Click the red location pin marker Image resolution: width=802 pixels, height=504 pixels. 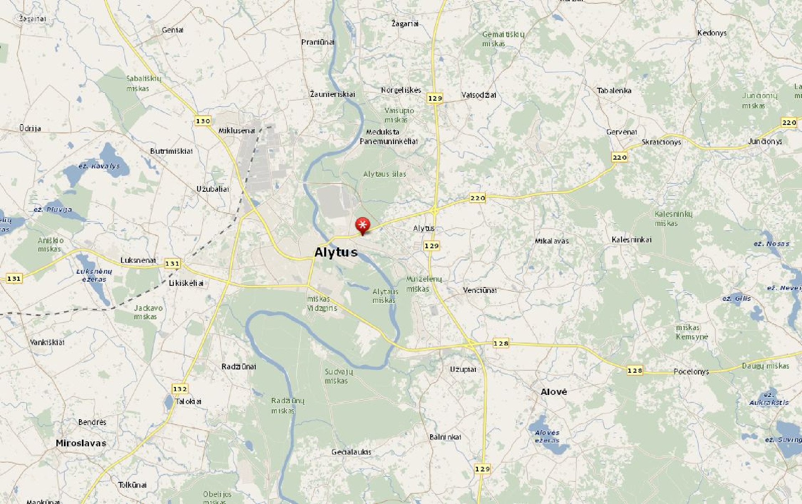click(x=363, y=226)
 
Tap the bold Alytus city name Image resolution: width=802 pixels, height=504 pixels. click(x=336, y=252)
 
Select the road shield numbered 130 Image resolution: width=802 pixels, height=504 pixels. click(x=203, y=121)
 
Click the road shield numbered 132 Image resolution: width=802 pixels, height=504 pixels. click(x=180, y=389)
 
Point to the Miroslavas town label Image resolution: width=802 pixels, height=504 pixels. click(x=81, y=443)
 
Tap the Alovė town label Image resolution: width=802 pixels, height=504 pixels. click(x=554, y=392)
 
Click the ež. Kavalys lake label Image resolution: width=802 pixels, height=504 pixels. click(x=99, y=166)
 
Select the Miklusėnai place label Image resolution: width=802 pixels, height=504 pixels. click(x=237, y=131)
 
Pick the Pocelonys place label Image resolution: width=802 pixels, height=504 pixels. click(x=691, y=372)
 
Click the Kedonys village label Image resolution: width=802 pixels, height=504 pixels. click(x=712, y=33)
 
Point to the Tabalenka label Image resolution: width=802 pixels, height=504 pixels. click(x=614, y=91)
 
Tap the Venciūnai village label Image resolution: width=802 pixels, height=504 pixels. click(x=480, y=290)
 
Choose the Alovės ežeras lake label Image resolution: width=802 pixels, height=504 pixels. click(x=547, y=436)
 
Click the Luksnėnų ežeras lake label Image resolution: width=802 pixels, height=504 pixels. click(x=94, y=275)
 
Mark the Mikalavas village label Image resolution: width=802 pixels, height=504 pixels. click(x=552, y=241)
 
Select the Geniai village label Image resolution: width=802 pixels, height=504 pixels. click(x=173, y=30)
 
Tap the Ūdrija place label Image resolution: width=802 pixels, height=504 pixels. click(x=30, y=128)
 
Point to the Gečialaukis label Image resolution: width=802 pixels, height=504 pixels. click(x=351, y=452)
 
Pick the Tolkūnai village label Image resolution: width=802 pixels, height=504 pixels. click(x=132, y=485)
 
